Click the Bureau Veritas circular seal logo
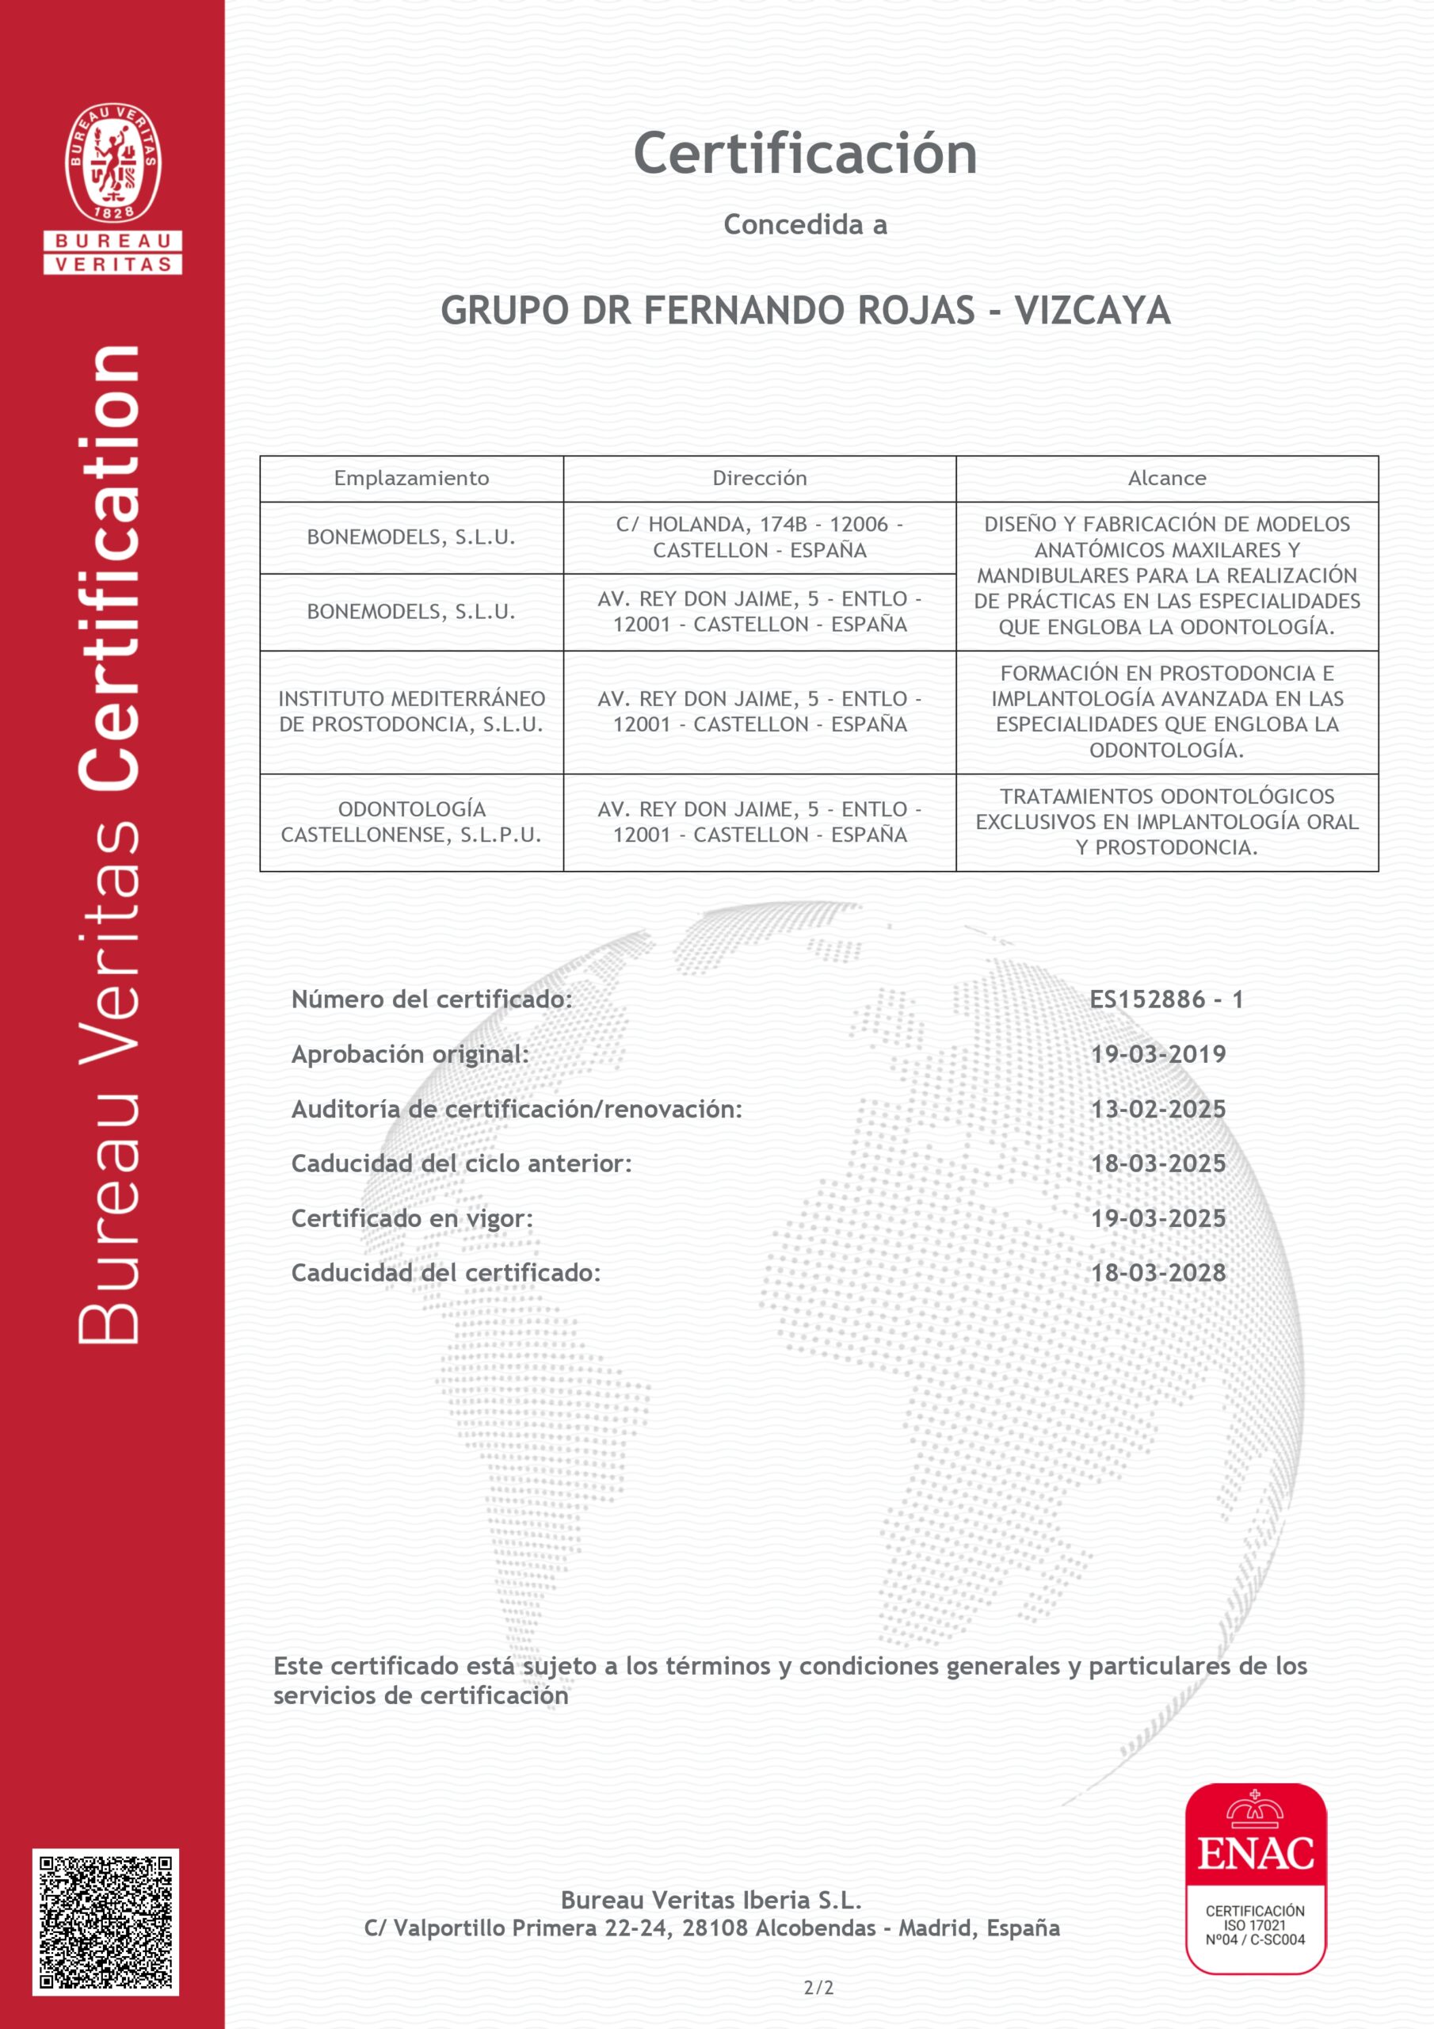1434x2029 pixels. [x=113, y=162]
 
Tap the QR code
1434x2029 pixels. [x=106, y=1921]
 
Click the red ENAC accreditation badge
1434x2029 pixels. [x=1255, y=1878]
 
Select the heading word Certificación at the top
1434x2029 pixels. [x=805, y=154]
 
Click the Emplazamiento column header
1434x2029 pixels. [x=411, y=478]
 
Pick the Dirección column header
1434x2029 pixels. [x=759, y=478]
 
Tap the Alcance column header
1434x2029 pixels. [x=1166, y=478]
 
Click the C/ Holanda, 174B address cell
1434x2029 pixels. [x=759, y=537]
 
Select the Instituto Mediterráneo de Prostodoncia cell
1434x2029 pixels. [x=411, y=712]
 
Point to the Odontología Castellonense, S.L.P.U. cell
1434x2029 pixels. [x=411, y=822]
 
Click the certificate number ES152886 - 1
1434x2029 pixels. [x=1165, y=999]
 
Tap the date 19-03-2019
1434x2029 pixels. [x=1157, y=1054]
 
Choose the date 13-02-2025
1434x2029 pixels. [x=1157, y=1109]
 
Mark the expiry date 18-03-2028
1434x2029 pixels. [x=1157, y=1273]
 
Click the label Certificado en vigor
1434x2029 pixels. [x=412, y=1219]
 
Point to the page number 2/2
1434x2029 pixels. [x=818, y=1988]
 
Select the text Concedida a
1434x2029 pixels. [x=805, y=225]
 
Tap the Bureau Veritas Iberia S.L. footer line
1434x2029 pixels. [x=711, y=1899]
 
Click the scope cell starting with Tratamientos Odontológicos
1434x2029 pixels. [x=1166, y=822]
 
